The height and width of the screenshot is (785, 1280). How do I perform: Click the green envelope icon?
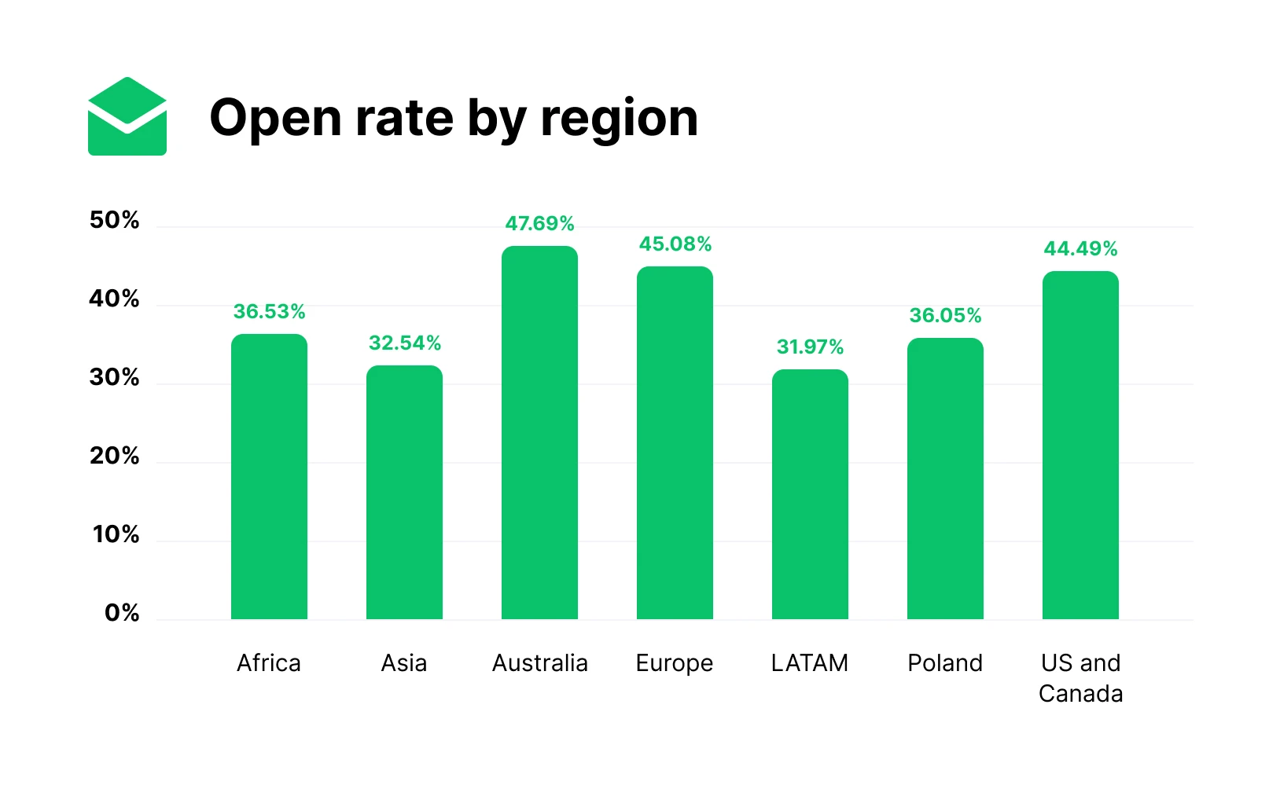click(x=127, y=116)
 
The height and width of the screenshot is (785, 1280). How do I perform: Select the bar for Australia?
click(x=539, y=432)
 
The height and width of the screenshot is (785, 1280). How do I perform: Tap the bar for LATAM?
click(x=810, y=495)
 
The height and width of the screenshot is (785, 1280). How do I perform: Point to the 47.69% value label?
click(x=539, y=224)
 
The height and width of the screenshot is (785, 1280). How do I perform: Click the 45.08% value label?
click(x=675, y=244)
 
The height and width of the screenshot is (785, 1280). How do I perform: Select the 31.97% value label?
click(x=810, y=347)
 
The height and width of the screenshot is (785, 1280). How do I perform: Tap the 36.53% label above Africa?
click(x=269, y=312)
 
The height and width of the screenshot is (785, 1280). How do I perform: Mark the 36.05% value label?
click(x=945, y=316)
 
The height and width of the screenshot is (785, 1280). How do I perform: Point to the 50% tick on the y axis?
click(x=115, y=220)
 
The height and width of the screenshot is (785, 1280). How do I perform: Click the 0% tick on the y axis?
click(x=122, y=613)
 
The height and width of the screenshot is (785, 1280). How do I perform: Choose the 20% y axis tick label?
click(x=115, y=456)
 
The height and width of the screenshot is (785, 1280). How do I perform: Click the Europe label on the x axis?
click(x=675, y=663)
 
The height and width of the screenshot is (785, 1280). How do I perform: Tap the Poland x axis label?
click(x=945, y=663)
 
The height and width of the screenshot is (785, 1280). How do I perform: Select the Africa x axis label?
click(x=269, y=663)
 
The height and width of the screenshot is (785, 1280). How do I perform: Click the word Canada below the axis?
click(x=1080, y=694)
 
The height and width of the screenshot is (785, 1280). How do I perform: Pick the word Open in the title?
click(x=276, y=119)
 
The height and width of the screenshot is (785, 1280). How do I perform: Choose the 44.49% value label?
click(x=1080, y=249)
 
